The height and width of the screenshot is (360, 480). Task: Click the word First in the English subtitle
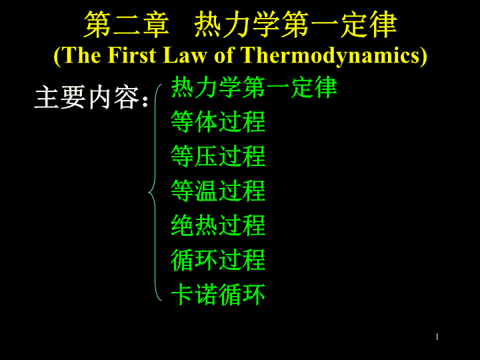[x=132, y=55]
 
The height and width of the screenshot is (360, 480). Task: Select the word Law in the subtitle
[x=184, y=55]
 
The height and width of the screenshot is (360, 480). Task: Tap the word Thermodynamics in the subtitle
[x=330, y=56]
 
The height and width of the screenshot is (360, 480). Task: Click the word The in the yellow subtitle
[x=82, y=55]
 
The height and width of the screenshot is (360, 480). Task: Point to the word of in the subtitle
[x=224, y=55]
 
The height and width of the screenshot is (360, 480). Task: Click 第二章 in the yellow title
[x=127, y=25]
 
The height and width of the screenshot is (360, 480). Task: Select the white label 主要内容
[x=87, y=97]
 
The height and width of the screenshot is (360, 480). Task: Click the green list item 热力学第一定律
[x=254, y=87]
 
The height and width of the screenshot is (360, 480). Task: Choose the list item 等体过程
[x=218, y=122]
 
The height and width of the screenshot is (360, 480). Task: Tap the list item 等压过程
[x=218, y=156]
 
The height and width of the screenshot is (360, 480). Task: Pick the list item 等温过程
[x=218, y=191]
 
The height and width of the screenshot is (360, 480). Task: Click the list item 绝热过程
[x=218, y=225]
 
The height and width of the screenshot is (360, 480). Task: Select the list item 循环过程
[x=218, y=260]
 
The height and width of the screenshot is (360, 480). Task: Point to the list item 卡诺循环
[x=218, y=294]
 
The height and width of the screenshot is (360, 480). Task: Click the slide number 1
[x=437, y=337]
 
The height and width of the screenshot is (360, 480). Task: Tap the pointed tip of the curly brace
[x=149, y=193]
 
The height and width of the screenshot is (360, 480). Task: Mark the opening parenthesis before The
[x=57, y=56]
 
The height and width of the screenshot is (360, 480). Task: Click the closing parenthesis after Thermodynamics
[x=423, y=56]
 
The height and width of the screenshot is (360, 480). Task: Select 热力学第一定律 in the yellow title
[x=295, y=25]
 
